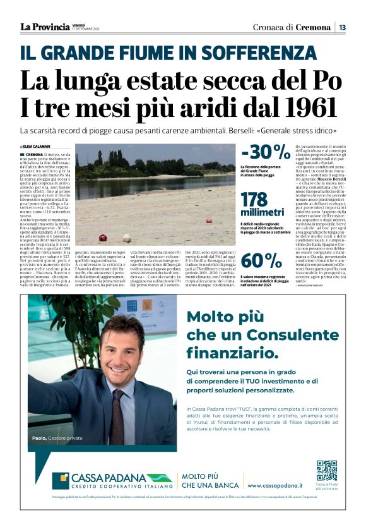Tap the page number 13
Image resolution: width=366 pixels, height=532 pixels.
pyautogui.click(x=341, y=27)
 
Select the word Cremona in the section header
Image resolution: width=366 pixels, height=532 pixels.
pyautogui.click(x=313, y=27)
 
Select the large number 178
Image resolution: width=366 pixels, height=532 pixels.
pyautogui.click(x=259, y=200)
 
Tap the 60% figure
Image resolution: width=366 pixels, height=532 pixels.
pyautogui.click(x=261, y=260)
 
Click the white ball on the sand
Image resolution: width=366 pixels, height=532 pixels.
pyautogui.click(x=126, y=238)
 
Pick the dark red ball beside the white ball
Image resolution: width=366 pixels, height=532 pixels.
pyautogui.click(x=102, y=238)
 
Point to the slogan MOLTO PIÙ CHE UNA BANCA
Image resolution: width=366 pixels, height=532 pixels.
pyautogui.click(x=207, y=481)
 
